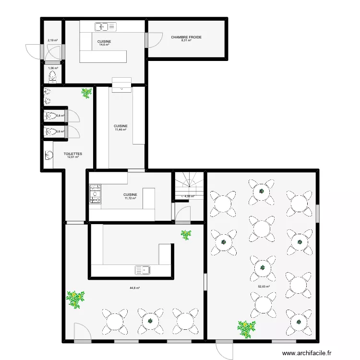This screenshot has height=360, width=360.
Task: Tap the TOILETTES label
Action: (x=73, y=154)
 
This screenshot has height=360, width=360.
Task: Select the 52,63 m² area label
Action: (x=264, y=287)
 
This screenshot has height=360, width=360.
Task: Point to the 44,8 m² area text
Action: (x=134, y=288)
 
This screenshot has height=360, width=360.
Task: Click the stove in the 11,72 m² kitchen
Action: (x=95, y=193)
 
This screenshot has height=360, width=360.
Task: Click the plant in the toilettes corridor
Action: (x=86, y=93)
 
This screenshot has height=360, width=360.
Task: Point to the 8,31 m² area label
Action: (x=186, y=41)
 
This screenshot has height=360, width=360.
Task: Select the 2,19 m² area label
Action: (x=52, y=41)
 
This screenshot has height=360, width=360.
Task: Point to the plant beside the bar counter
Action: (x=186, y=235)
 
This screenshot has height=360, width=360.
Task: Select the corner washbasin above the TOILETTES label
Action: (x=48, y=155)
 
